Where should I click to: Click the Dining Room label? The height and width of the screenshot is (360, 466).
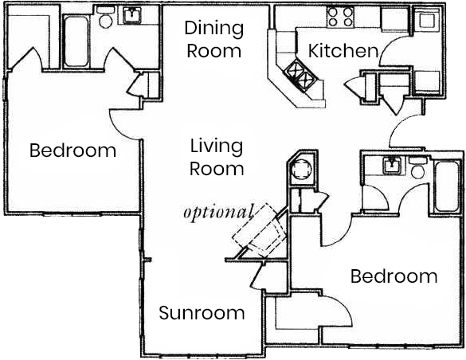(213, 40)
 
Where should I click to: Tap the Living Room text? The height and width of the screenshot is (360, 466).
(217, 157)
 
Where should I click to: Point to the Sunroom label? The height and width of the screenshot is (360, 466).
(202, 313)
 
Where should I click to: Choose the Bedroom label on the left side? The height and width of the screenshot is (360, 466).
(72, 151)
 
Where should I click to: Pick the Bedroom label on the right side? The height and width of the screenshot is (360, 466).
(394, 276)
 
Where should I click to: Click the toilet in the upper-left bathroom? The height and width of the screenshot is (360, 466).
(105, 22)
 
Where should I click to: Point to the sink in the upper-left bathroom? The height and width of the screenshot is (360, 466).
(130, 16)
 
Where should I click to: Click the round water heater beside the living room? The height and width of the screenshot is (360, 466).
(303, 170)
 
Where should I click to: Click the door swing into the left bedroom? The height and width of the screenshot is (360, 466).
(123, 119)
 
